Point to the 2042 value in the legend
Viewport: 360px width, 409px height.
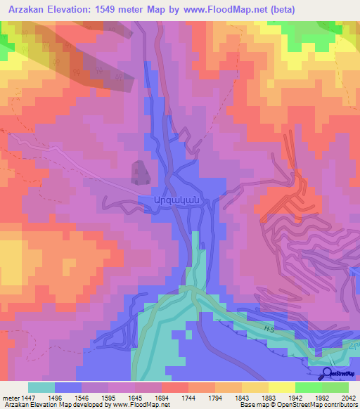coord(340,397)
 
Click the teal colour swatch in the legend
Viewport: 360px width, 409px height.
coord(41,387)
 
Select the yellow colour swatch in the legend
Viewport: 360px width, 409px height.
coord(281,387)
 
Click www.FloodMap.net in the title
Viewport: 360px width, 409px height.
coord(229,9)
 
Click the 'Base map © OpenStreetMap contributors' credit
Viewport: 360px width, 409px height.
coord(297,405)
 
